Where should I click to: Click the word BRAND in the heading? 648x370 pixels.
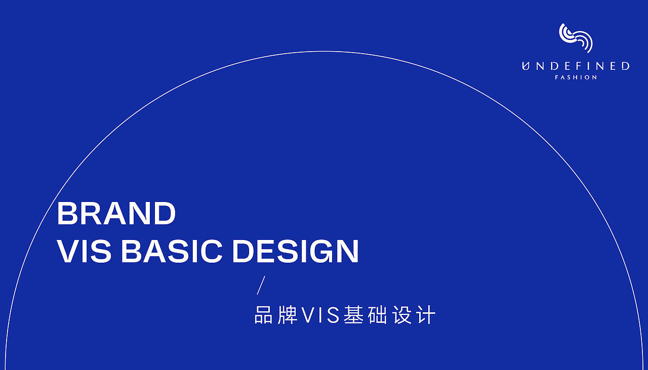(116, 214)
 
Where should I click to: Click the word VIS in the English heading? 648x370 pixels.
(84, 251)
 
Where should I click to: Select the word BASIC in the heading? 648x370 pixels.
(172, 251)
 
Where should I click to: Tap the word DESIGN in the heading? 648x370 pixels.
(295, 251)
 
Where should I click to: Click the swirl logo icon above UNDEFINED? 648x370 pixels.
(576, 37)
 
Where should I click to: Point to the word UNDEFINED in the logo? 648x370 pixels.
(576, 66)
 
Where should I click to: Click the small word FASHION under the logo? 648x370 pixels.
(576, 77)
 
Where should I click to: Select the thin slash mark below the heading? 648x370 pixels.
(261, 285)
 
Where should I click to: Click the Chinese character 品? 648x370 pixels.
(264, 315)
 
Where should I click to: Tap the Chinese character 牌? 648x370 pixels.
(288, 315)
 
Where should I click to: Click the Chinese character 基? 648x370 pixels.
(353, 315)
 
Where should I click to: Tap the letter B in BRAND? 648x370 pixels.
(67, 214)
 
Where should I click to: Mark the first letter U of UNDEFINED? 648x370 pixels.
(525, 66)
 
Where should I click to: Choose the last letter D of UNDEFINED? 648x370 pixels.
(625, 66)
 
